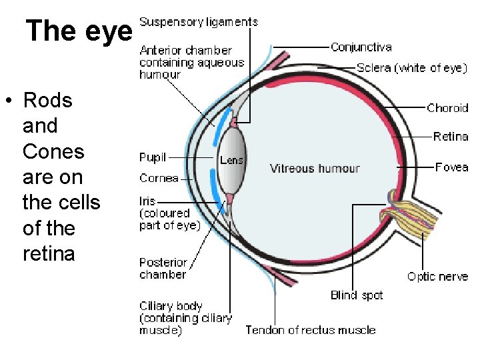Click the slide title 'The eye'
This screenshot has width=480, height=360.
pyautogui.click(x=79, y=30)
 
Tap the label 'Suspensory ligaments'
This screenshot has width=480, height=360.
pyautogui.click(x=199, y=22)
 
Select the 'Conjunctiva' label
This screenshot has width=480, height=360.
pyautogui.click(x=361, y=47)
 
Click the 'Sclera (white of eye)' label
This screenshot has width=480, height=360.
pyautogui.click(x=411, y=68)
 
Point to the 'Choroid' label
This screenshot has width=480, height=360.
pyautogui.click(x=447, y=108)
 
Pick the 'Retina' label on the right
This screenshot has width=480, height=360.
pyautogui.click(x=451, y=137)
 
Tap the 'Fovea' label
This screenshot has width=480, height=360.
pyautogui.click(x=451, y=167)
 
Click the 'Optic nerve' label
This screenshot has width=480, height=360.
pyautogui.click(x=437, y=277)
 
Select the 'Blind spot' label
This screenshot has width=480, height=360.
pyautogui.click(x=357, y=295)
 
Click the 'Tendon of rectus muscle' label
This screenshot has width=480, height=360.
pyautogui.click(x=310, y=330)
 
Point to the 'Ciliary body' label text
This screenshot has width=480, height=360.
pyautogui.click(x=171, y=306)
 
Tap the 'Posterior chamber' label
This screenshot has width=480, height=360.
pyautogui.click(x=163, y=268)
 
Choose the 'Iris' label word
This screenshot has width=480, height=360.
pyautogui.click(x=147, y=200)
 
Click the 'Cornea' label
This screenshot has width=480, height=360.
pyautogui.click(x=159, y=178)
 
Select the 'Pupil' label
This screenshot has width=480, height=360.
pyautogui.click(x=153, y=158)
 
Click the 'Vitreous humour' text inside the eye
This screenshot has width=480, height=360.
pyautogui.click(x=314, y=169)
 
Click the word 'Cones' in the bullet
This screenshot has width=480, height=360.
pyautogui.click(x=53, y=151)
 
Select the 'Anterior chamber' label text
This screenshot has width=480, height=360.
pyautogui.click(x=185, y=51)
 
